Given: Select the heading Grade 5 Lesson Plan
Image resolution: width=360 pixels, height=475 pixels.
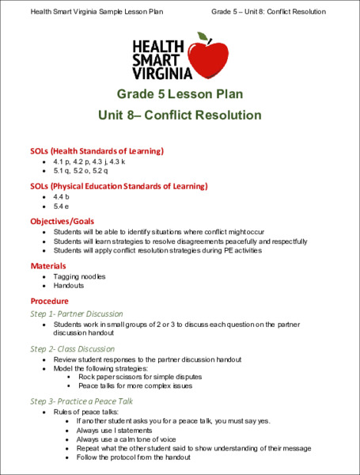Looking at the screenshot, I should pyautogui.click(x=180, y=93).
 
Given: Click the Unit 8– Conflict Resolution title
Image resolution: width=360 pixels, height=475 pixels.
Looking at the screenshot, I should pyautogui.click(x=180, y=115).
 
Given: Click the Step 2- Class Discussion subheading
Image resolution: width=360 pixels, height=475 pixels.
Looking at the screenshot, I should pyautogui.click(x=72, y=348).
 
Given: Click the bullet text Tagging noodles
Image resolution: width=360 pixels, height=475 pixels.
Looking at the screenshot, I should pyautogui.click(x=80, y=276).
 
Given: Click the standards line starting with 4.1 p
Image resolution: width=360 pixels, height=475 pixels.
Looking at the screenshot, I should pyautogui.click(x=89, y=161).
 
